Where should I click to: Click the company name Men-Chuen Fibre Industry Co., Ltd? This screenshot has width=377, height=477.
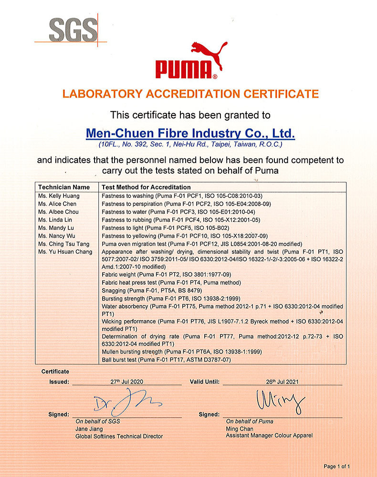(x=190, y=132)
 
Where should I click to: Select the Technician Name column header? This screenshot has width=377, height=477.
(x=64, y=187)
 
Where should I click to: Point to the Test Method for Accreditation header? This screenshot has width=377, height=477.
(x=147, y=187)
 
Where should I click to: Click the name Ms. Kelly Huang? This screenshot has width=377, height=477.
(x=59, y=196)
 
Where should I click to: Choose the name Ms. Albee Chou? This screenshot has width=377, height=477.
(x=58, y=211)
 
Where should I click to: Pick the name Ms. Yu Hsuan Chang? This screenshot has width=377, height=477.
(x=65, y=251)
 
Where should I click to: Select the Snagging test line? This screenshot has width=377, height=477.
(x=152, y=290)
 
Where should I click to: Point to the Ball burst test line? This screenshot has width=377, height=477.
(x=167, y=360)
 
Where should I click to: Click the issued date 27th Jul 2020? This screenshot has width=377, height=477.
(x=126, y=382)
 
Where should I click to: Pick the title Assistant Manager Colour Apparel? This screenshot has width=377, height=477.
(x=269, y=436)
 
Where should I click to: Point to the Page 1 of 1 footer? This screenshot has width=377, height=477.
(x=336, y=466)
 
